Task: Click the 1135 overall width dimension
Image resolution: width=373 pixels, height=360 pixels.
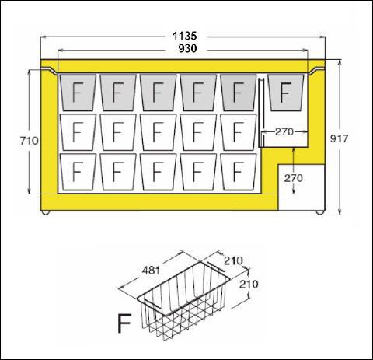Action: (185, 36)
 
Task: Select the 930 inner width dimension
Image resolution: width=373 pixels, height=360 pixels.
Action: (187, 48)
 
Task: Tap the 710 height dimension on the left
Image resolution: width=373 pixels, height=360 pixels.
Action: (30, 141)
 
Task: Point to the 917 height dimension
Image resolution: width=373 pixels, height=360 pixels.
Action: (339, 138)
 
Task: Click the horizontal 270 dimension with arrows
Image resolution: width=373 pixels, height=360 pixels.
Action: (284, 131)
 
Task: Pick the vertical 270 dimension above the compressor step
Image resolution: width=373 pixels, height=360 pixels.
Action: (293, 178)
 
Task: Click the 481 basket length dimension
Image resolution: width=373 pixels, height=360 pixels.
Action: (152, 271)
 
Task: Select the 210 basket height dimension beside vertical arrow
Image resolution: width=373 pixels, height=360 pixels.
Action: (249, 285)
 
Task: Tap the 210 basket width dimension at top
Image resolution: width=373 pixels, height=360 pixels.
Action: (233, 261)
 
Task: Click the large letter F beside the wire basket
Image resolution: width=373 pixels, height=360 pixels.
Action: (124, 323)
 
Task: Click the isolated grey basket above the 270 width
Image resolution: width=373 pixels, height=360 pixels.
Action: (286, 93)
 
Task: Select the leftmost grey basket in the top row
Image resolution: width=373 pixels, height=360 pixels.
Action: (78, 93)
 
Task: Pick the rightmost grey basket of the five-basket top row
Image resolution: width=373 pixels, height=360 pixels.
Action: (239, 93)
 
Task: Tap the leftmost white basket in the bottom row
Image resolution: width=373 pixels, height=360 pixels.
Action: (78, 172)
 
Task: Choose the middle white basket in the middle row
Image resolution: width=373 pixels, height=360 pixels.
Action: (158, 132)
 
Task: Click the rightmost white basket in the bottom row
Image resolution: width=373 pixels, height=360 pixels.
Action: (239, 172)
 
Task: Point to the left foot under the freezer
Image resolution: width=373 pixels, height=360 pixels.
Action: (46, 212)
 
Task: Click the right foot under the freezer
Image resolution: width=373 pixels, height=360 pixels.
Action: (320, 212)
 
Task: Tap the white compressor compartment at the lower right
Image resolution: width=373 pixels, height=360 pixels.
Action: (302, 187)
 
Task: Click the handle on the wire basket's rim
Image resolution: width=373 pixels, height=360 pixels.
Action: (214, 267)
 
